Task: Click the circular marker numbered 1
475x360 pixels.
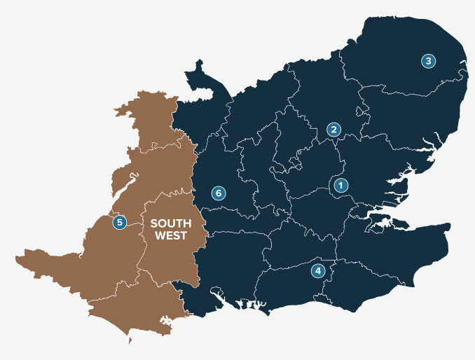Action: point(340,186)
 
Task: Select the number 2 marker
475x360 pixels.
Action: point(333,130)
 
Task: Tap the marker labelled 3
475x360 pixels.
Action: point(428,61)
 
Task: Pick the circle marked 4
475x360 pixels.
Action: point(318,270)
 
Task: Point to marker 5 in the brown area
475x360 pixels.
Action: point(120,222)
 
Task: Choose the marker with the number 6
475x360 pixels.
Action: point(218,193)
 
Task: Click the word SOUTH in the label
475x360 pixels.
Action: point(171,224)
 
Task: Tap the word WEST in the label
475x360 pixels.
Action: point(171,236)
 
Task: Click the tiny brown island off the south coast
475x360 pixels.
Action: point(130,342)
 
